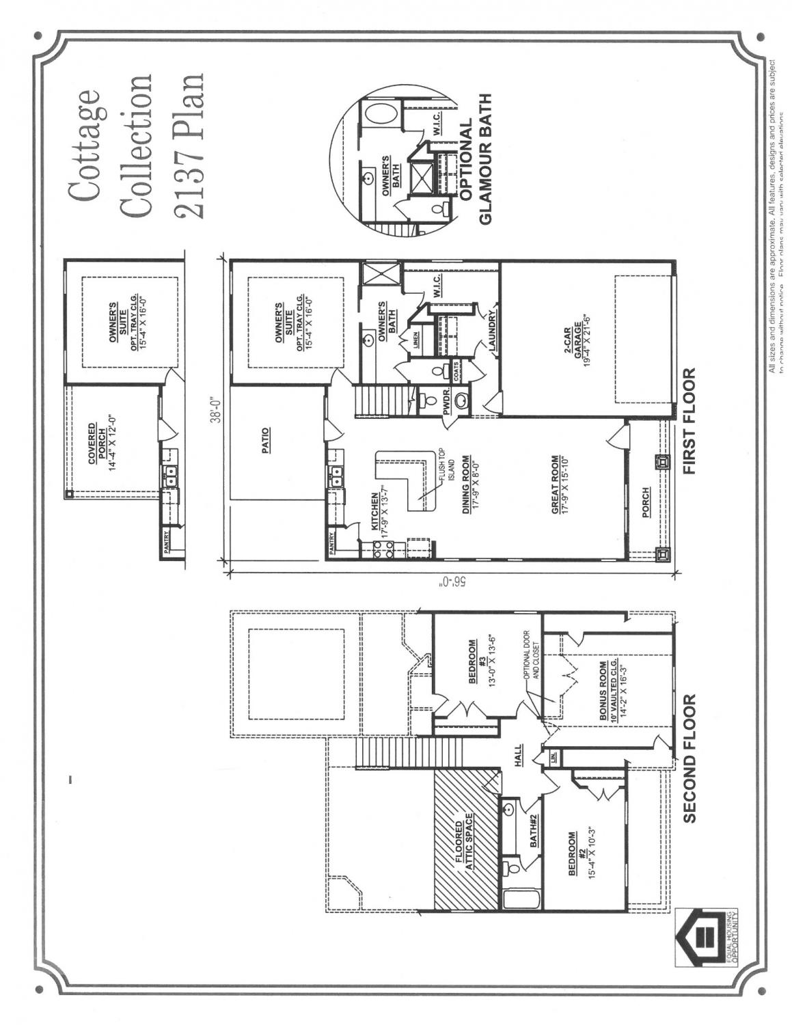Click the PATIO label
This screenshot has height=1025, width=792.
pyautogui.click(x=265, y=441)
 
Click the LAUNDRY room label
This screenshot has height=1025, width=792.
pyautogui.click(x=491, y=330)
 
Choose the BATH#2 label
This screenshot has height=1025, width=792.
pyautogui.click(x=534, y=832)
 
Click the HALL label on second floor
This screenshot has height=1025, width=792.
pyautogui.click(x=519, y=756)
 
